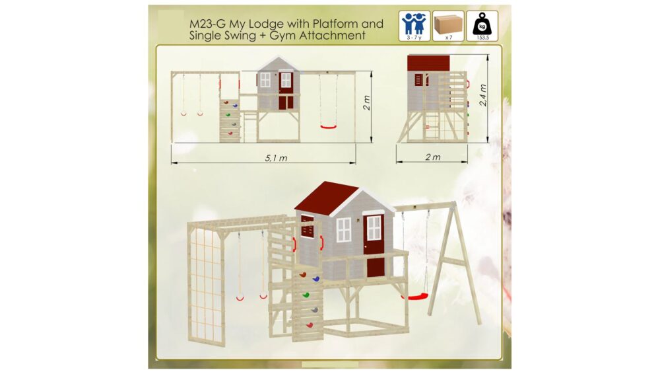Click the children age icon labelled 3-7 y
(x=414, y=26)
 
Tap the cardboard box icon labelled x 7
(x=448, y=26)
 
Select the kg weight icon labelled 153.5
(x=482, y=26)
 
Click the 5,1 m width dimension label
(x=276, y=158)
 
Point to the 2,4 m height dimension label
(x=483, y=94)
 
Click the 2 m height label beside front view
(x=366, y=103)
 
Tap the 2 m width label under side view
(x=433, y=157)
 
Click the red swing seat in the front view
(x=329, y=126)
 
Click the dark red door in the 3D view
(x=374, y=246)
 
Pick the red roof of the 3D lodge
(x=323, y=196)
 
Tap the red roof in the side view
(x=428, y=63)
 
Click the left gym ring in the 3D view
(x=240, y=298)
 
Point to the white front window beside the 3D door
(x=343, y=230)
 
